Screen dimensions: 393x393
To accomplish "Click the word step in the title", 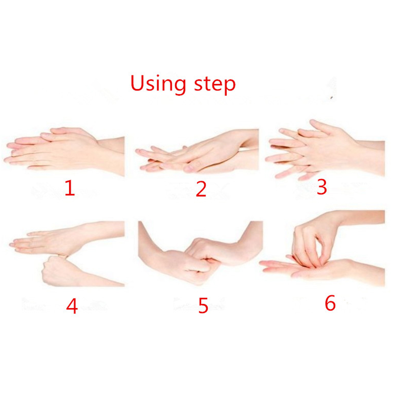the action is pos(215,84).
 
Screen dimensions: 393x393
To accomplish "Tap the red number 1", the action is pos(70,188).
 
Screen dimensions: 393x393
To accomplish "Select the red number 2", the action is pos(201,189).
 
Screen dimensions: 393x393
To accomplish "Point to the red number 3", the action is pos(322,187).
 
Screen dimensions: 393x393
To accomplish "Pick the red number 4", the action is pos(72,306).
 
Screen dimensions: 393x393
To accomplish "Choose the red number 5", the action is pos(203,305).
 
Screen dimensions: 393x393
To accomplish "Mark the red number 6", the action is pos(330,303).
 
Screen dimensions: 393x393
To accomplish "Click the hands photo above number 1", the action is pos(64,151).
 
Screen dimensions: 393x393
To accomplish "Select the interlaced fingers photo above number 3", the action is pos(325,149).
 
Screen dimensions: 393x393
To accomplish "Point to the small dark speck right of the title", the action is pos(332,97).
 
